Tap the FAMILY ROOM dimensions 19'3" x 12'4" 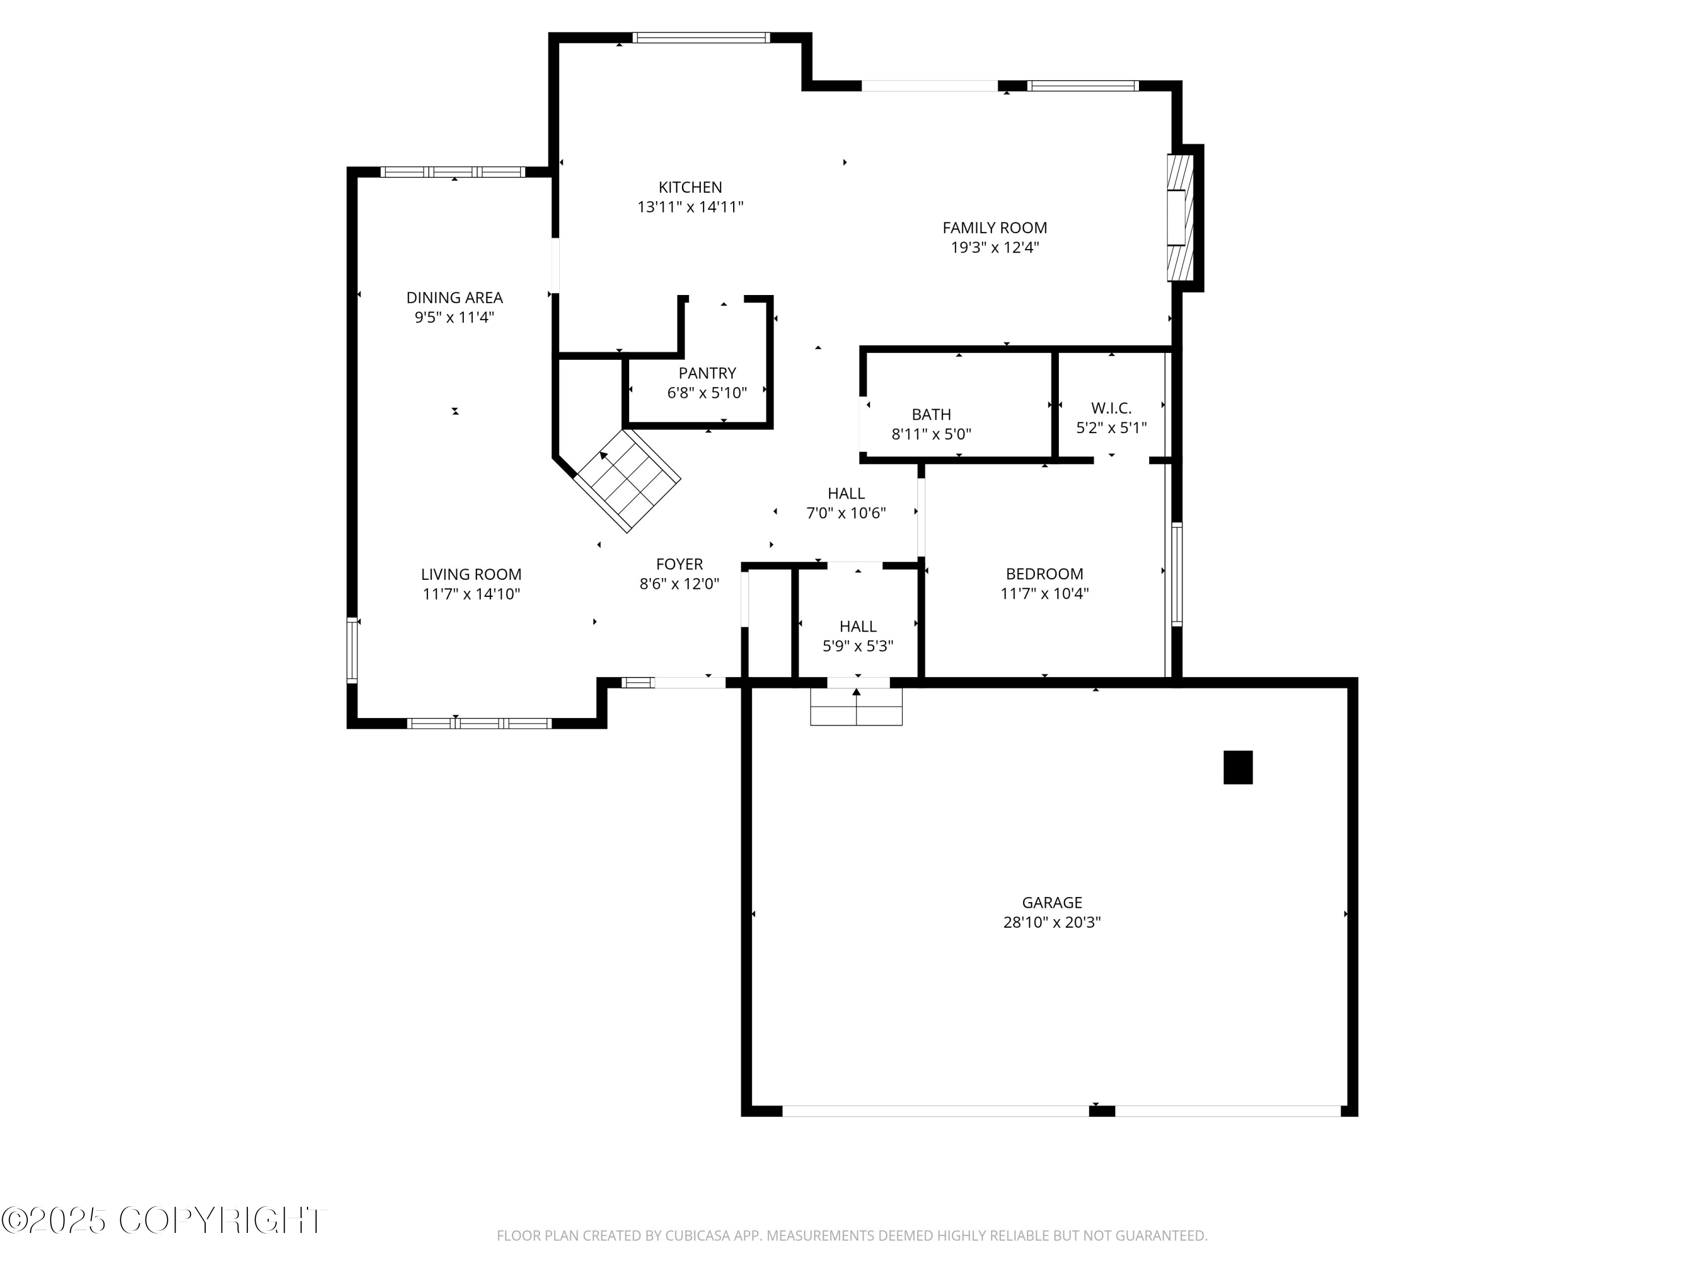(995, 247)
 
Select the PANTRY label (707, 373)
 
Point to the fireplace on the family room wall (1179, 217)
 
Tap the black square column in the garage (1237, 767)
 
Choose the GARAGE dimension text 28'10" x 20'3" (1051, 923)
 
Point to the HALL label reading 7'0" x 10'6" (846, 493)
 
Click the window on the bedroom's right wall (1176, 574)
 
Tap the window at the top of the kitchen (701, 38)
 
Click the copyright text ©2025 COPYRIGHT (164, 1220)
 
